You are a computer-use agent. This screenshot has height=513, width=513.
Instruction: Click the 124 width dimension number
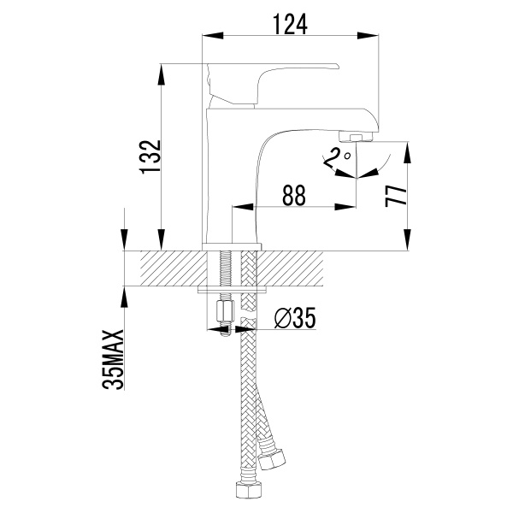(x=290, y=24)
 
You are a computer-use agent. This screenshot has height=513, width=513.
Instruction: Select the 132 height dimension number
(x=150, y=156)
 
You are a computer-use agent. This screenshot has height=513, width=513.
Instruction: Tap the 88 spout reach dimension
(x=294, y=195)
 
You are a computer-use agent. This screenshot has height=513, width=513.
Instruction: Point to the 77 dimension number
(x=396, y=196)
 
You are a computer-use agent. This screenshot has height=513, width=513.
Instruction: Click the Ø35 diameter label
(x=295, y=318)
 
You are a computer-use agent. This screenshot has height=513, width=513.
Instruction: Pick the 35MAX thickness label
(x=113, y=359)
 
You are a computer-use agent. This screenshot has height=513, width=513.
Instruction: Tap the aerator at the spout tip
(x=356, y=136)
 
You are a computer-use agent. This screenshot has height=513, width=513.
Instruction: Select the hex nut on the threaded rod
(x=226, y=312)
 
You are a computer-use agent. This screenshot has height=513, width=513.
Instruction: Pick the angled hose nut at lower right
(x=271, y=457)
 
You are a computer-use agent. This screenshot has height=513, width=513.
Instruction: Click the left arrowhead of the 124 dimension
(x=213, y=35)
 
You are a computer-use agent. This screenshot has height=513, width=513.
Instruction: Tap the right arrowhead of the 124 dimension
(x=368, y=35)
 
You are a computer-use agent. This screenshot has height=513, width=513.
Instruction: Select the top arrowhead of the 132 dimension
(x=161, y=75)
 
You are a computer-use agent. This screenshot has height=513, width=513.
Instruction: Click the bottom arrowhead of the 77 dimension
(x=407, y=239)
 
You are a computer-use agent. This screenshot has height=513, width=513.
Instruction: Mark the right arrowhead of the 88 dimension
(x=345, y=207)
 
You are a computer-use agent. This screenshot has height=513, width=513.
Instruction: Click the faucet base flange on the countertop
(x=232, y=247)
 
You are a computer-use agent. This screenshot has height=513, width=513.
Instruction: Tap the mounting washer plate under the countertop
(x=232, y=290)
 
